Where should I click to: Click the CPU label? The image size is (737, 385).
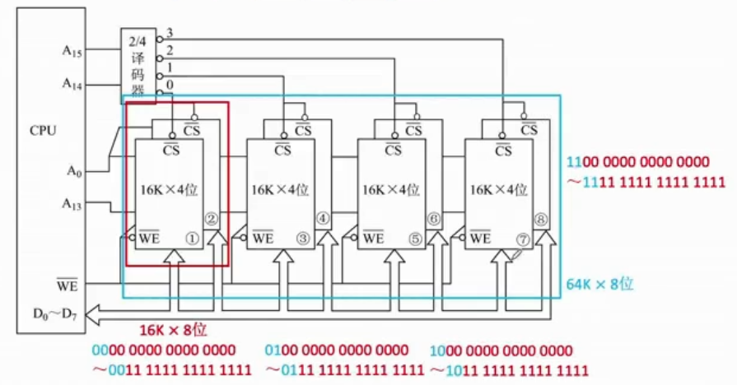click(x=43, y=130)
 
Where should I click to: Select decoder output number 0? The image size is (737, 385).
click(x=170, y=84)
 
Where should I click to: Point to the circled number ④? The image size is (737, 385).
click(x=322, y=219)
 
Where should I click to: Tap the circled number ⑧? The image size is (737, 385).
click(x=541, y=220)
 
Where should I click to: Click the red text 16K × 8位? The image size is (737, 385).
click(x=172, y=330)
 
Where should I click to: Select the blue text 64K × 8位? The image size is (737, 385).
click(x=599, y=283)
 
